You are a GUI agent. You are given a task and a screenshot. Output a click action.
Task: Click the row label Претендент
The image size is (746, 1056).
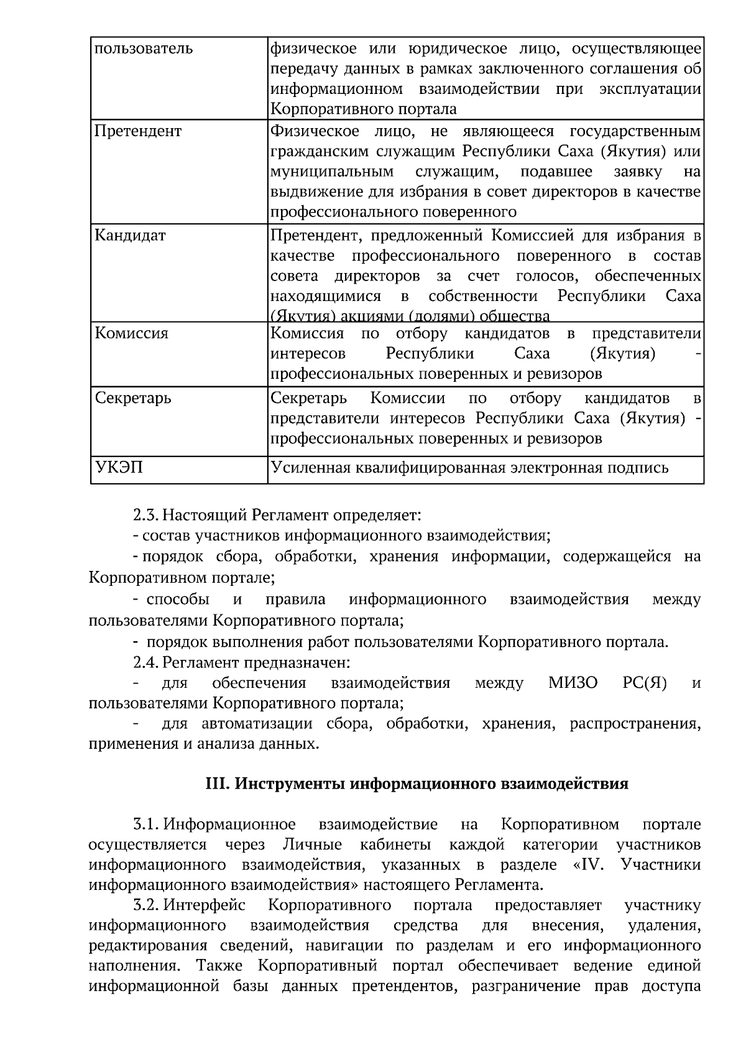pyautogui.click(x=137, y=131)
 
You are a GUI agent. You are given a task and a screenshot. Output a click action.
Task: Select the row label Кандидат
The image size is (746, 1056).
pyautogui.click(x=130, y=236)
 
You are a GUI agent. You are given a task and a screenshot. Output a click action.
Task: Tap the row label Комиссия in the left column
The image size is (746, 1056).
pyautogui.click(x=131, y=333)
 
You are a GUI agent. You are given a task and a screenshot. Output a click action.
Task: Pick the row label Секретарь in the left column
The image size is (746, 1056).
pyautogui.click(x=132, y=397)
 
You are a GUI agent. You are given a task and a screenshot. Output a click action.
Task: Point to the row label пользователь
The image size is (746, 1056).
pyautogui.click(x=143, y=49)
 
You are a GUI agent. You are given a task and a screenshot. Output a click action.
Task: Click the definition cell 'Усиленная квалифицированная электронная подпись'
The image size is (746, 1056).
pyautogui.click(x=470, y=468)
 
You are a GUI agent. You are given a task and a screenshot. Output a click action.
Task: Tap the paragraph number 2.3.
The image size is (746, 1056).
pyautogui.click(x=146, y=516)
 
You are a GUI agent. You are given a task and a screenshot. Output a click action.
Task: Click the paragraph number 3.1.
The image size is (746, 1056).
pyautogui.click(x=147, y=825)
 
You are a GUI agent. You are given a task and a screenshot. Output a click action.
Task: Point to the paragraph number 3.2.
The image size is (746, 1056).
pyautogui.click(x=147, y=905)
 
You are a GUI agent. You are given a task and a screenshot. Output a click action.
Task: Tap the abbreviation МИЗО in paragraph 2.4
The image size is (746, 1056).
pyautogui.click(x=573, y=683)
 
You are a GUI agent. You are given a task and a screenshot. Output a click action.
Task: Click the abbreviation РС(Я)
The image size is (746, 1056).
pyautogui.click(x=644, y=683)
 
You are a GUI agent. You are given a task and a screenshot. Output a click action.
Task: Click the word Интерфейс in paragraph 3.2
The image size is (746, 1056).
pyautogui.click(x=205, y=905)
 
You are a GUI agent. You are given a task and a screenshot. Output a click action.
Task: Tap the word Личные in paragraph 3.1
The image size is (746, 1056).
pyautogui.click(x=312, y=845)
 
